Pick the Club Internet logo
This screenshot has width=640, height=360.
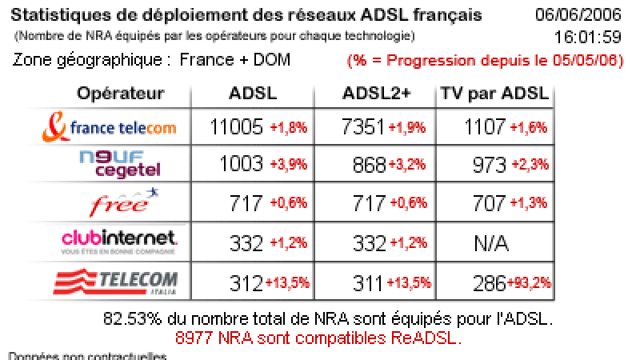(x=118, y=240)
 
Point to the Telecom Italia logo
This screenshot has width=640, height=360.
(x=114, y=282)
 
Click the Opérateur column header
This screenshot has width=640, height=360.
(x=120, y=93)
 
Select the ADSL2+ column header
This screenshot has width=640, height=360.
(x=376, y=93)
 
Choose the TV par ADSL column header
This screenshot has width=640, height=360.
(x=494, y=93)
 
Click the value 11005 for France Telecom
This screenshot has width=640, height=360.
(x=237, y=127)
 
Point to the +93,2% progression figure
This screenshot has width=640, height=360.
(x=530, y=282)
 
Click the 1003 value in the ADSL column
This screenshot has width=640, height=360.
(x=241, y=165)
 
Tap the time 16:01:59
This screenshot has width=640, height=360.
(x=589, y=37)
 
